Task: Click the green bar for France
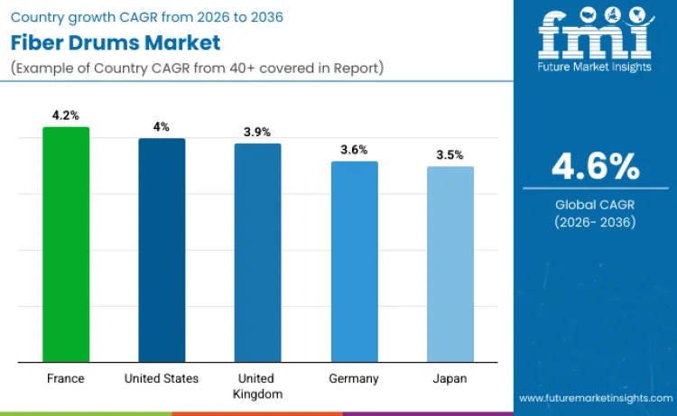click(66, 245)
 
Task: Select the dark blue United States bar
click(162, 250)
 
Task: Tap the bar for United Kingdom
click(257, 253)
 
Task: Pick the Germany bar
click(354, 262)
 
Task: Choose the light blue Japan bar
click(450, 263)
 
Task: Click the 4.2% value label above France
click(66, 116)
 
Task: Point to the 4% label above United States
click(162, 127)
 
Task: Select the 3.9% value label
click(257, 132)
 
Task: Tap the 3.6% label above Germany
click(354, 150)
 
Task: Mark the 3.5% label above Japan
click(450, 154)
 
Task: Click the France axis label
click(66, 378)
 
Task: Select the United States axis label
click(162, 378)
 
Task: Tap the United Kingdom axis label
click(257, 385)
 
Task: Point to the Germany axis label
click(354, 378)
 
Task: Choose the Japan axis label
click(450, 378)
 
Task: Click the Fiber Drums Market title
click(115, 42)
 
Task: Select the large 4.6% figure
click(595, 166)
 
